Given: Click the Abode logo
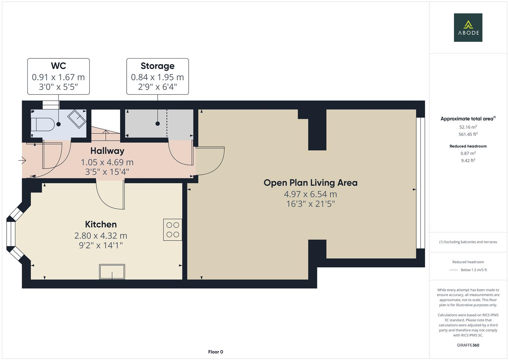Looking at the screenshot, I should click(468, 28).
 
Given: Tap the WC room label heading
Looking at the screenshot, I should click(58, 66).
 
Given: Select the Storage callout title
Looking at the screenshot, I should click(157, 66).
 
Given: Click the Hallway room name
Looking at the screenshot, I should click(107, 151).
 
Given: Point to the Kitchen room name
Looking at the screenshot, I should click(101, 224).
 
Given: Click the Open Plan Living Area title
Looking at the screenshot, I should click(310, 183).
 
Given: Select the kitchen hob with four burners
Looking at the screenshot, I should click(173, 230).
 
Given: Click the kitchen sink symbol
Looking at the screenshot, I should click(112, 271).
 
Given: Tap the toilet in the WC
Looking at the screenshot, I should click(42, 124).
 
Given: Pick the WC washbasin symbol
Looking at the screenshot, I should click(77, 118).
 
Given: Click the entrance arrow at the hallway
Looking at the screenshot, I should click(22, 161).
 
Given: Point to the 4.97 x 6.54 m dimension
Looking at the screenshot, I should click(310, 194).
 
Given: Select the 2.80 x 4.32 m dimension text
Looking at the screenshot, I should click(101, 236).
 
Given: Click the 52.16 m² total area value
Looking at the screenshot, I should click(468, 127).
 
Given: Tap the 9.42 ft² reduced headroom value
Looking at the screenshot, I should click(468, 160).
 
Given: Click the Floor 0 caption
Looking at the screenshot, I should click(215, 352).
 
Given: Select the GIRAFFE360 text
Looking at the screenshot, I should click(468, 345).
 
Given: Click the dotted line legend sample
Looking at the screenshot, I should click(453, 270).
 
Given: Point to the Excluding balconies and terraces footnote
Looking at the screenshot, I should click(468, 242).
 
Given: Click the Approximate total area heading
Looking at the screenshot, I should click(467, 119).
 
